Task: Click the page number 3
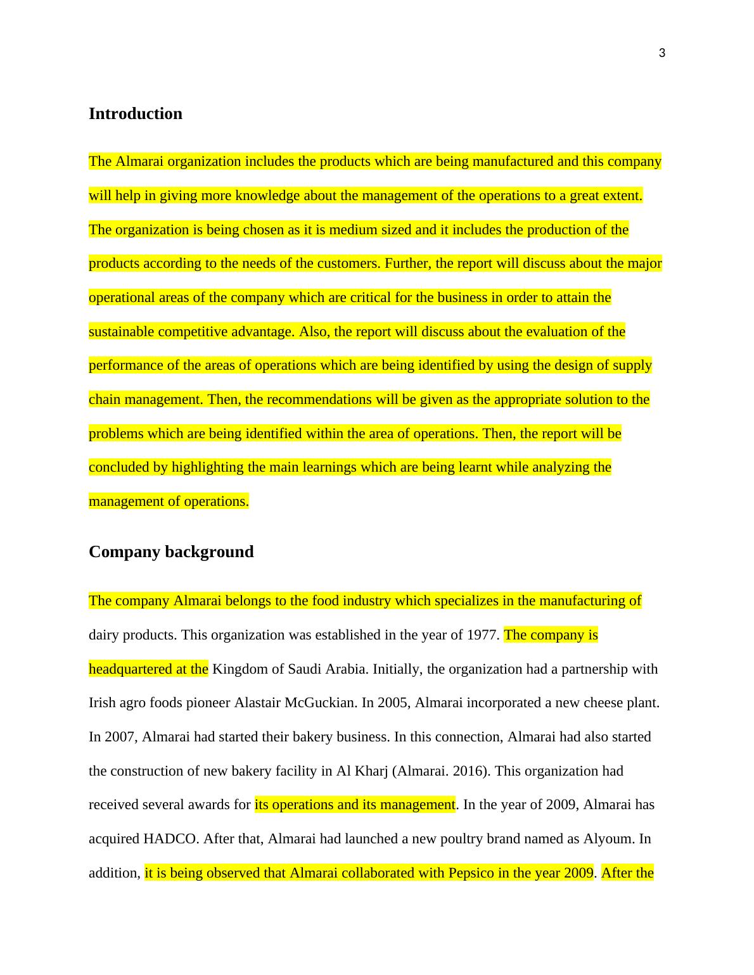(x=662, y=53)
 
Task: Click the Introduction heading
(x=135, y=113)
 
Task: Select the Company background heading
(x=171, y=551)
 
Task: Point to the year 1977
(x=483, y=635)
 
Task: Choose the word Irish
(x=103, y=703)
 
